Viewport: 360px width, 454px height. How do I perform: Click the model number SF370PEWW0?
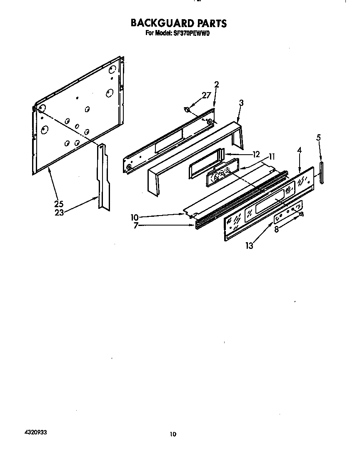click(191, 33)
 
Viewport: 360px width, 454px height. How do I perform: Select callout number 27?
click(206, 95)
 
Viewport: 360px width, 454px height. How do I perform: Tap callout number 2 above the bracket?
click(217, 85)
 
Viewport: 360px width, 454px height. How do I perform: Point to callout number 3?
click(241, 103)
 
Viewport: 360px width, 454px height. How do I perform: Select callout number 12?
click(256, 154)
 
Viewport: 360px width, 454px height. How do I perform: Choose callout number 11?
click(271, 157)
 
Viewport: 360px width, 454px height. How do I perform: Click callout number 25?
click(58, 204)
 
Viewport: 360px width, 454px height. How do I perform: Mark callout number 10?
click(134, 217)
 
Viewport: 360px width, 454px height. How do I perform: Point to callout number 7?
click(136, 226)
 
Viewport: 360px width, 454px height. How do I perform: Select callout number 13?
click(249, 246)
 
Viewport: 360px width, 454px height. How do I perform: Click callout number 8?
click(276, 229)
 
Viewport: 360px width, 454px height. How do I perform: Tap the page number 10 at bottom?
click(173, 434)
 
